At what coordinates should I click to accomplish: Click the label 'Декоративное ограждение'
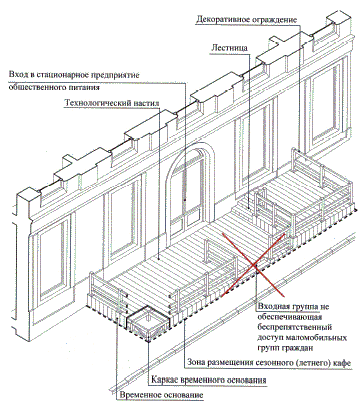(246, 19)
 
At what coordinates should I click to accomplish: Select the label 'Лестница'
(229, 48)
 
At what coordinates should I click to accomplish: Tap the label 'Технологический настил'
(112, 103)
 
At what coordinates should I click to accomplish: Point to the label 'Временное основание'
(161, 395)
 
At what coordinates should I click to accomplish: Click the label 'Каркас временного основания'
(209, 380)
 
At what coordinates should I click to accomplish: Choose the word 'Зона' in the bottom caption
(196, 362)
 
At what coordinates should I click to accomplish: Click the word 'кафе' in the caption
(342, 362)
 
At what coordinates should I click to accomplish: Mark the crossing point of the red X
(253, 265)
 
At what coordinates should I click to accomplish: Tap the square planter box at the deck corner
(149, 322)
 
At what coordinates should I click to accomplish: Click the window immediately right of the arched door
(255, 150)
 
